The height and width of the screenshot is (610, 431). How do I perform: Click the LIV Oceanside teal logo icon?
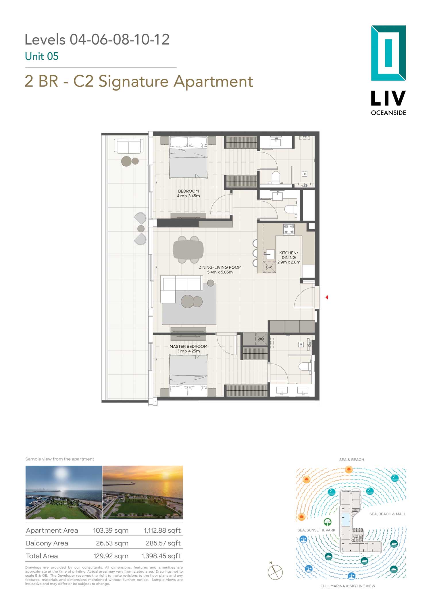click(x=388, y=53)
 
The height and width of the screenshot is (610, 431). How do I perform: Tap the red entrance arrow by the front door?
click(x=327, y=297)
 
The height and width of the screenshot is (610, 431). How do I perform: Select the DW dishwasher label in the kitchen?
click(x=269, y=267)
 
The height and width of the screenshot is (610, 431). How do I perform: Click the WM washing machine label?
click(x=261, y=339)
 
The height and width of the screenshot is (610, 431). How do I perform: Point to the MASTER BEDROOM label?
click(x=188, y=346)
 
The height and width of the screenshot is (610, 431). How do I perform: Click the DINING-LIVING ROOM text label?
click(x=220, y=267)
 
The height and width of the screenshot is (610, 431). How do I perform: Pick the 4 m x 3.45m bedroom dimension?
click(x=188, y=196)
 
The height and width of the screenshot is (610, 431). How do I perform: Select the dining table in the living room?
click(x=188, y=250)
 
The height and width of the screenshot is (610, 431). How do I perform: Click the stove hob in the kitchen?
click(x=289, y=229)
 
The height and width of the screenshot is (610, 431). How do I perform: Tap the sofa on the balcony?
click(x=129, y=146)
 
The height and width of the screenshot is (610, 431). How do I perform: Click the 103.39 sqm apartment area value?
click(x=111, y=530)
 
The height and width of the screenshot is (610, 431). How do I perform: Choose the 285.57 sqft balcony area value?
click(x=163, y=543)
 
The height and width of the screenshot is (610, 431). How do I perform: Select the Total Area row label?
click(x=42, y=556)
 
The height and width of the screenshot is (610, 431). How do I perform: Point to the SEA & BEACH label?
click(x=351, y=460)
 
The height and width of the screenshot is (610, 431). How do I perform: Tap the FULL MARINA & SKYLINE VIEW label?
click(x=348, y=586)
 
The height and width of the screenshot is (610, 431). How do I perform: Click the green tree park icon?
click(x=328, y=522)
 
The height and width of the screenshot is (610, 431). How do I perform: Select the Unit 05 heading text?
click(x=42, y=56)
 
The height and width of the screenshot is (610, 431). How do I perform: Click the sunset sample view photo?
click(x=143, y=492)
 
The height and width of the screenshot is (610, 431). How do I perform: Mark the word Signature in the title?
click(x=133, y=82)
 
